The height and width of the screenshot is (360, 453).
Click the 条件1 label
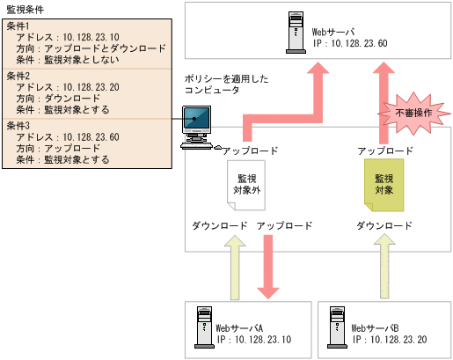click(x=18, y=26)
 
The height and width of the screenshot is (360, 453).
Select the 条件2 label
click(x=18, y=76)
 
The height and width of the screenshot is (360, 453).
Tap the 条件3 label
click(x=18, y=126)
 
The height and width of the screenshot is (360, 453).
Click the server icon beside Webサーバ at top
click(x=294, y=30)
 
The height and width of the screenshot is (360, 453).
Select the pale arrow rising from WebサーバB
click(x=384, y=264)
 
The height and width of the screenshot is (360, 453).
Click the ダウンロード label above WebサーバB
click(x=384, y=226)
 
